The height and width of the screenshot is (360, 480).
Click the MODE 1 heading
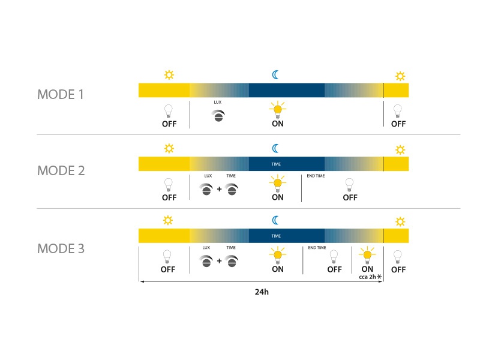[61, 94]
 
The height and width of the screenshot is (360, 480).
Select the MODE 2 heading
[61, 170]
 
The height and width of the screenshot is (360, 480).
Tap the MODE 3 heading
[61, 248]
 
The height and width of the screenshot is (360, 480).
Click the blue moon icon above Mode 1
[275, 74]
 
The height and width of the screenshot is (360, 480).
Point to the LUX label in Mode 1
[217, 102]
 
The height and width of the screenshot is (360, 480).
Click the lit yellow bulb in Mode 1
[278, 110]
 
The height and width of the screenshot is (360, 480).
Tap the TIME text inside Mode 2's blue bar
[276, 164]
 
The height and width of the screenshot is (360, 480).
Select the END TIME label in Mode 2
[316, 176]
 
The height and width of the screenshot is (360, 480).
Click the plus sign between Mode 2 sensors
[219, 189]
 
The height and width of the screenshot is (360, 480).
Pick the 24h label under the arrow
[262, 292]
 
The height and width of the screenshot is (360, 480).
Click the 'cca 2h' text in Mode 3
[367, 277]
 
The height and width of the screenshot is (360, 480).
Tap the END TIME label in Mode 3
[317, 247]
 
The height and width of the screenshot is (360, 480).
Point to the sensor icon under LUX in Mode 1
[218, 116]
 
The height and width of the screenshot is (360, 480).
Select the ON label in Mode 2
[278, 197]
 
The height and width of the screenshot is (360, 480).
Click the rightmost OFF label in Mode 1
[398, 124]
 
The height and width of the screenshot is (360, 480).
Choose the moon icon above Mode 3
[275, 220]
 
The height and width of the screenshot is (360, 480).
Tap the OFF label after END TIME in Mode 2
[350, 197]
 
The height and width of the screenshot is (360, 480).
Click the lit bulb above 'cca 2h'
[367, 255]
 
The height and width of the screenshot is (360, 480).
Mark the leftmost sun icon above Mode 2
[169, 148]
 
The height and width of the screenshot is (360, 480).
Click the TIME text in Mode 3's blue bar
[276, 236]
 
